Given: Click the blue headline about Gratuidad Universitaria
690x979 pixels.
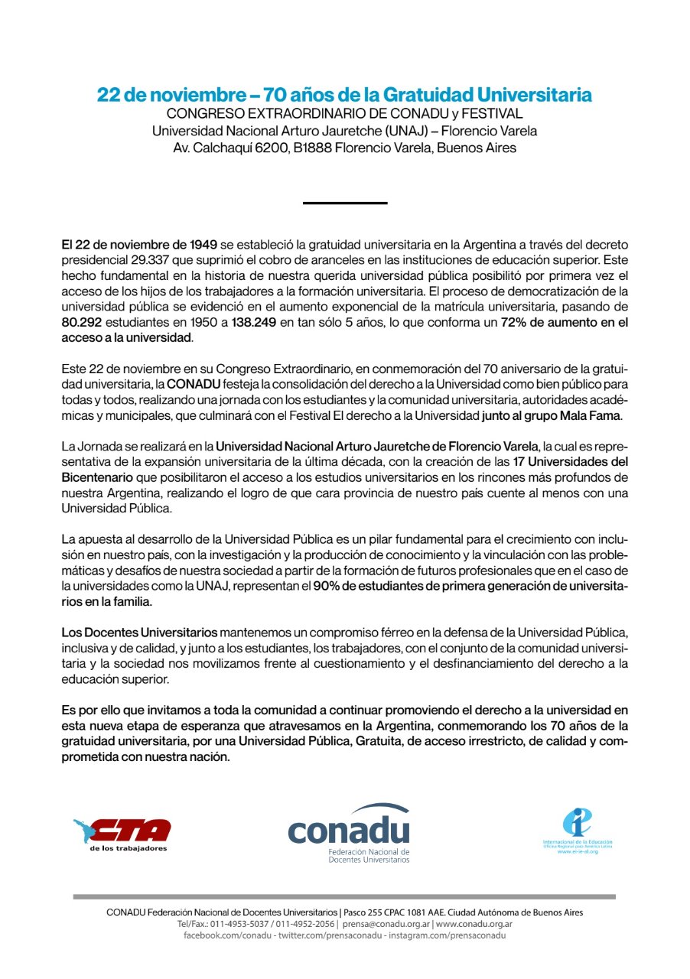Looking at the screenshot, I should (344, 96).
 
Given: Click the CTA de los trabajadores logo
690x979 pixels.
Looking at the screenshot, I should (122, 834).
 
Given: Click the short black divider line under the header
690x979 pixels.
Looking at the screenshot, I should (345, 203).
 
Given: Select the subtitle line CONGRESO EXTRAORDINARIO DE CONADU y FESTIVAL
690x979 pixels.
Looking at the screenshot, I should (345, 113).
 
